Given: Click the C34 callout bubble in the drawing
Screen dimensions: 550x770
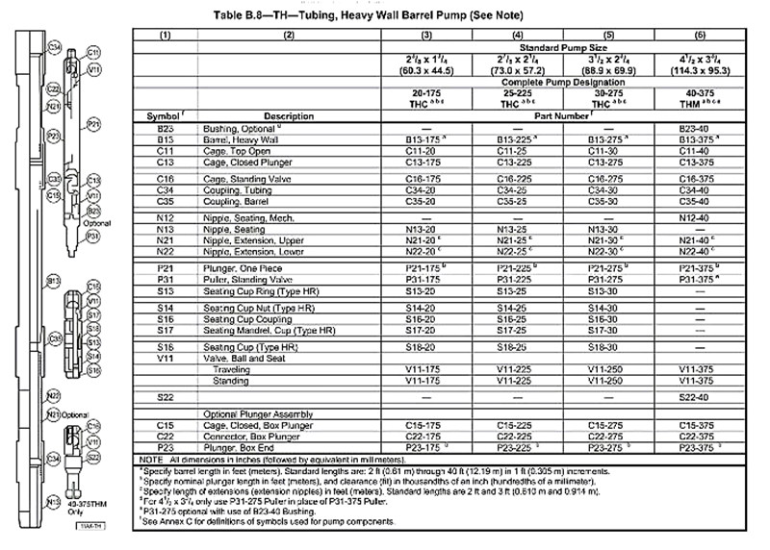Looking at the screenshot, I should (55, 47).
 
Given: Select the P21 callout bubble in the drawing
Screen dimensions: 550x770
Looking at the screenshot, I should (93, 125).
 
